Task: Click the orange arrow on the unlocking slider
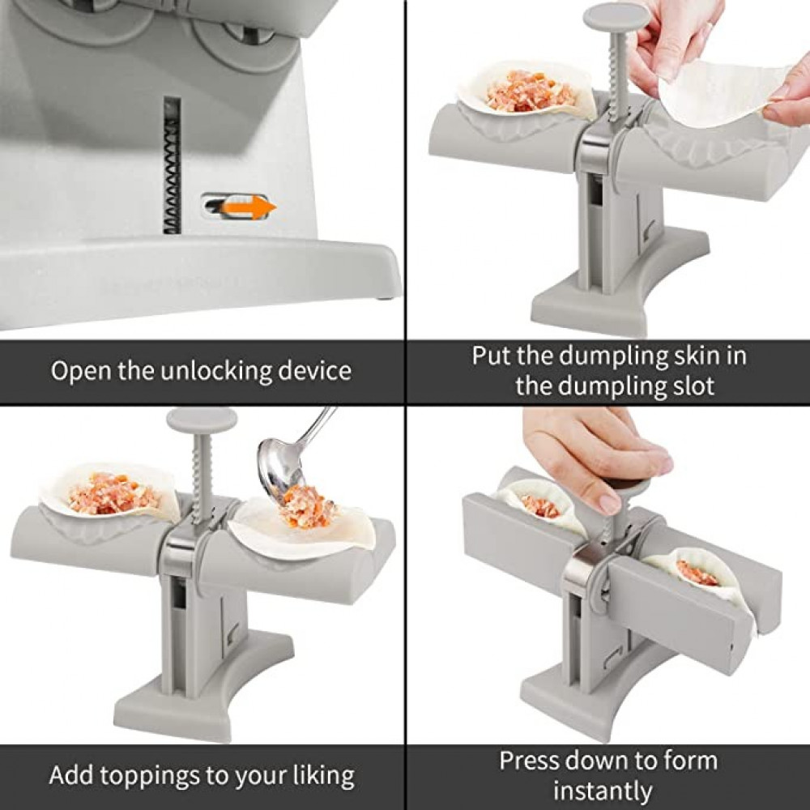[249, 207]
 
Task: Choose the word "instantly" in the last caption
[603, 791]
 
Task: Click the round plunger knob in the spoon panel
[202, 420]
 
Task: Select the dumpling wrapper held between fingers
[723, 93]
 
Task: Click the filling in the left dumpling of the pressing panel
[540, 505]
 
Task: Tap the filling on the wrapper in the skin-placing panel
[531, 92]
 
